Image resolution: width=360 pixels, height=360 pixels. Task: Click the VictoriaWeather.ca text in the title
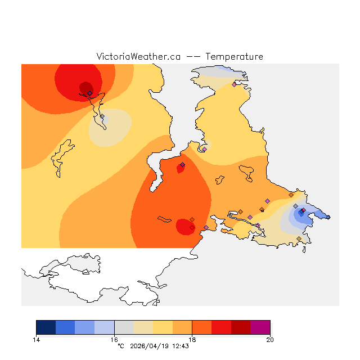[x=138, y=57]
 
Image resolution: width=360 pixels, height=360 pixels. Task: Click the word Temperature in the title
[x=234, y=57]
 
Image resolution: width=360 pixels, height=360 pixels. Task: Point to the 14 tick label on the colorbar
[x=36, y=339]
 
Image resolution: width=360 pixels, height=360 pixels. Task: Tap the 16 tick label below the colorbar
[x=114, y=339]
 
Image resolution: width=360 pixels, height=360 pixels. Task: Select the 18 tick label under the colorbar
[x=192, y=339]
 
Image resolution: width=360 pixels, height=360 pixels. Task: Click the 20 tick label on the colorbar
[x=270, y=339]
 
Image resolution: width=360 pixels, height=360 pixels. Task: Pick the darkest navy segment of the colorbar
[x=46, y=327]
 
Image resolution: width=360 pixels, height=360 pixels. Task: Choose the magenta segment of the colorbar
[x=260, y=327]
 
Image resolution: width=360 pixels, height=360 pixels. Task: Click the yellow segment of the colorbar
[x=163, y=327]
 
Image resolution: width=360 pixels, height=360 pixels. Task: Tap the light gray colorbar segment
[x=124, y=327]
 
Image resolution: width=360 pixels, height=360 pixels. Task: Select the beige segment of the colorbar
[x=143, y=327]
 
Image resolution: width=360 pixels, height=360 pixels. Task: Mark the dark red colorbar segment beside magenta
[x=241, y=327]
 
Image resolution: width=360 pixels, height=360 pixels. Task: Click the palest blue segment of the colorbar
[x=104, y=327]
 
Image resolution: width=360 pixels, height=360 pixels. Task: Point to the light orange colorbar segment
[x=182, y=327]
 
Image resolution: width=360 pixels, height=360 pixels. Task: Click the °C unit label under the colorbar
[x=120, y=346]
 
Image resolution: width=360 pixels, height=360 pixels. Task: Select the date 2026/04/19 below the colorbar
[x=148, y=346]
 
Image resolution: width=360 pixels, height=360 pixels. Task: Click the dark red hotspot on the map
[x=85, y=88]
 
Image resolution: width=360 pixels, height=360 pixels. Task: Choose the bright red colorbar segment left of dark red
[x=221, y=327]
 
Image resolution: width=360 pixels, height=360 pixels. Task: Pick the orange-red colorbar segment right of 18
[x=202, y=327]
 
